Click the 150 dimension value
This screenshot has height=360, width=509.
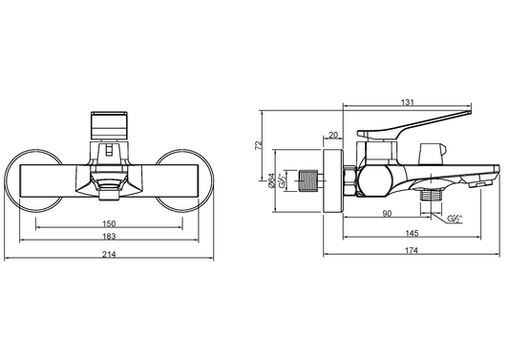109,223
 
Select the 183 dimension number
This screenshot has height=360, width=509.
109,236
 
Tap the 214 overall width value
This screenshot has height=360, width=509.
109,254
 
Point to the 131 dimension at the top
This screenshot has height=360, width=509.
408,102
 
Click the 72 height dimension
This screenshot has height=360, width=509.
259,145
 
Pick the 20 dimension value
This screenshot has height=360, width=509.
333,135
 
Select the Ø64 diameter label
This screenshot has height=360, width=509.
272,180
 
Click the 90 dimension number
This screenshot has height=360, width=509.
387,214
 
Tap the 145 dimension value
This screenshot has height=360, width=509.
412,233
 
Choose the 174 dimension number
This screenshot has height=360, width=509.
412,250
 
